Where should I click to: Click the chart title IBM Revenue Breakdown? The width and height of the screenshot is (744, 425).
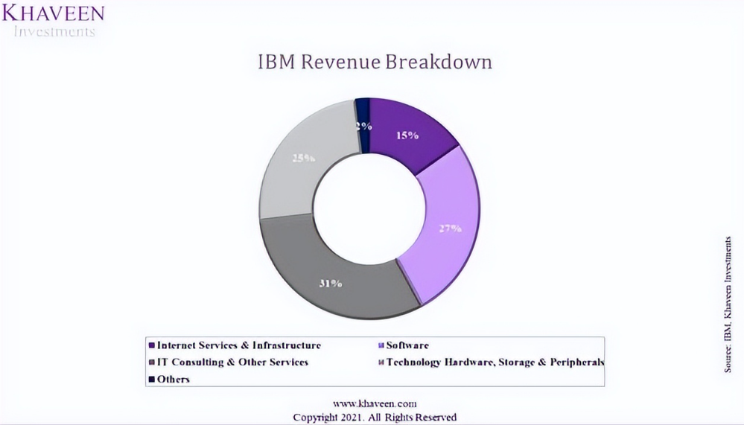[375, 62]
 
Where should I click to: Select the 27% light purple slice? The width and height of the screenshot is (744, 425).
[447, 223]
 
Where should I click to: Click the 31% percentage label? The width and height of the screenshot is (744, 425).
[331, 284]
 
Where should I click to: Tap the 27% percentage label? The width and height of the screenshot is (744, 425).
[450, 229]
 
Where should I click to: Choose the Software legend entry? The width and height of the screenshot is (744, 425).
[407, 345]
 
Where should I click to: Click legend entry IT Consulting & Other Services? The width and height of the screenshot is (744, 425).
[233, 362]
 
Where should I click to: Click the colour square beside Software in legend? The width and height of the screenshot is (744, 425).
[381, 345]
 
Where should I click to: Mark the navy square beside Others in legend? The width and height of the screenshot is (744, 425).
[152, 380]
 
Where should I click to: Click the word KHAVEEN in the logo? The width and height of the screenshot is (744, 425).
[52, 13]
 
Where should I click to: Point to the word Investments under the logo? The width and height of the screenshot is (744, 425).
[56, 31]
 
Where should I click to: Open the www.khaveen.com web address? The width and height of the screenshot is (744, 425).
[375, 403]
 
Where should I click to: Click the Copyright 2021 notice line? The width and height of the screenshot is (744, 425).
[375, 417]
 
